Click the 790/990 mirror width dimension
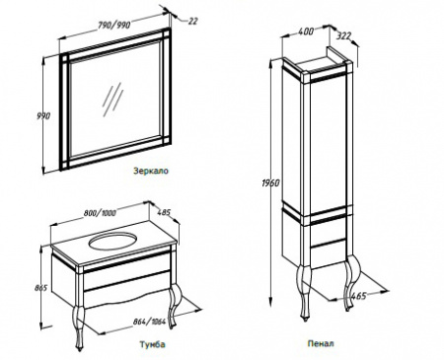(114, 25)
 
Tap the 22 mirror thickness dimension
(193, 21)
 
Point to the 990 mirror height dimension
(43, 115)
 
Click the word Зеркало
(151, 171)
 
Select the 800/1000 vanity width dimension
(100, 213)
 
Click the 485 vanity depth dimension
(165, 212)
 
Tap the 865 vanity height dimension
(41, 288)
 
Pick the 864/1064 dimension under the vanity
(149, 322)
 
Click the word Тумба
(152, 344)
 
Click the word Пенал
(321, 343)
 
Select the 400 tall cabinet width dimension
(306, 32)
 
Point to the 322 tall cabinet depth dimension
(344, 36)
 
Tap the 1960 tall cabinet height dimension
(270, 182)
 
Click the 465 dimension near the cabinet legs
(358, 296)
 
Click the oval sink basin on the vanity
(112, 241)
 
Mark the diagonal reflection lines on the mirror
(112, 99)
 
